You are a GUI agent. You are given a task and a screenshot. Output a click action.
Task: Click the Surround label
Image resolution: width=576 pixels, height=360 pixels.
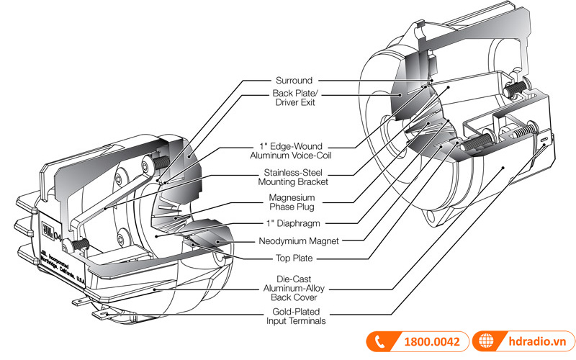pyautogui.click(x=294, y=80)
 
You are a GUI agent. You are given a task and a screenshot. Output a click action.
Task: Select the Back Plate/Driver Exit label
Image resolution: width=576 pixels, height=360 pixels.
pyautogui.click(x=294, y=99)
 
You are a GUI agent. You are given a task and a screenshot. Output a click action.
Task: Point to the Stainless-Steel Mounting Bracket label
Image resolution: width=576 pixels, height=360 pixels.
pyautogui.click(x=294, y=178)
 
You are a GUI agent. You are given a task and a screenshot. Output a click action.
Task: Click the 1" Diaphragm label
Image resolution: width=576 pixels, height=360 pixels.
pyautogui.click(x=294, y=223)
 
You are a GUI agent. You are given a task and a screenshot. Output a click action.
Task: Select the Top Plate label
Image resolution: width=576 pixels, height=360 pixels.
pyautogui.click(x=294, y=258)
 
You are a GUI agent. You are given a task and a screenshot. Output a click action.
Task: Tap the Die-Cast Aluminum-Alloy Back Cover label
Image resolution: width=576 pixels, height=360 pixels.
pyautogui.click(x=294, y=287)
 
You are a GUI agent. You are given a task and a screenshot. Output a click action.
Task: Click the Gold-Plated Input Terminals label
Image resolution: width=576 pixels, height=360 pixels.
pyautogui.click(x=294, y=317)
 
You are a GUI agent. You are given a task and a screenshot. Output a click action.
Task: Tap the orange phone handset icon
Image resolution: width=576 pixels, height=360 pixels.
pyautogui.click(x=381, y=341)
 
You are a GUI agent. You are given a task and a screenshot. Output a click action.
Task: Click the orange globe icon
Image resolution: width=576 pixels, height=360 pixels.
pyautogui.click(x=485, y=341)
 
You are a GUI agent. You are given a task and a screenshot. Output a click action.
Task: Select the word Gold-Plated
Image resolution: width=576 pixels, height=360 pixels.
pyautogui.click(x=294, y=312)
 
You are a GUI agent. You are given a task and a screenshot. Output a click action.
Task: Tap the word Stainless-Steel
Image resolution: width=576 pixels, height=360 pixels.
pyautogui.click(x=294, y=174)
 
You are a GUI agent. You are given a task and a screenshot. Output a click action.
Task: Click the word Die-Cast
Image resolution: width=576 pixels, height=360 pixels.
pyautogui.click(x=294, y=277)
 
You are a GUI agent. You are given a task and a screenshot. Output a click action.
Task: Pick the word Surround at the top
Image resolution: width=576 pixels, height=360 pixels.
pyautogui.click(x=294, y=80)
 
